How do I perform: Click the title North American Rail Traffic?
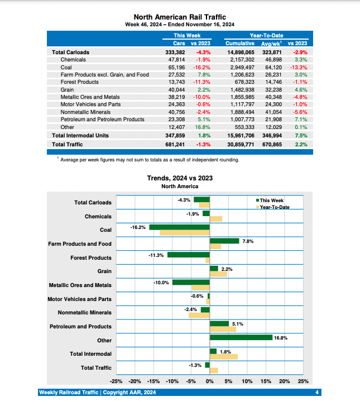click(x=180, y=17)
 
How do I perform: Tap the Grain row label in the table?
click(x=68, y=89)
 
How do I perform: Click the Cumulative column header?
click(x=241, y=43)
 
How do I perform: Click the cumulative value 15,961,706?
click(x=241, y=135)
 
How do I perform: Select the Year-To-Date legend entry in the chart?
click(x=274, y=207)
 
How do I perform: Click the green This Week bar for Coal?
click(x=179, y=227)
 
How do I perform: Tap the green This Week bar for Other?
click(x=241, y=337)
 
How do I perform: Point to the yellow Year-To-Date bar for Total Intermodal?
click(x=223, y=356)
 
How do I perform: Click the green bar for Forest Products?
click(x=189, y=255)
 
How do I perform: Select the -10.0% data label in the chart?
click(x=161, y=283)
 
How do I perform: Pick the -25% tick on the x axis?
click(x=116, y=381)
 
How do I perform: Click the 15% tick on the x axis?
click(x=266, y=381)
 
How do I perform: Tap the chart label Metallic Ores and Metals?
click(x=80, y=285)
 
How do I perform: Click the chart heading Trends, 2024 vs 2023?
click(x=180, y=178)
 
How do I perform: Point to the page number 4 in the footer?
click(x=317, y=393)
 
